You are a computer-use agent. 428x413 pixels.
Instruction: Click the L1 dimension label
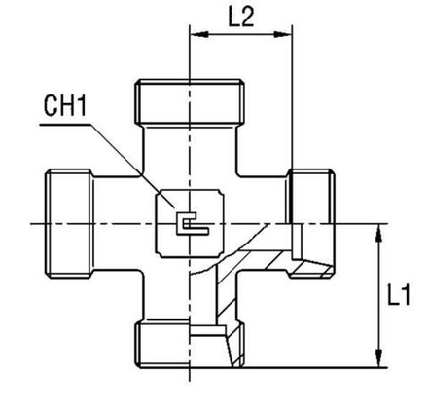point(399,295)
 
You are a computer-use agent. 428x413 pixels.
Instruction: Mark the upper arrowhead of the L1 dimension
point(375,230)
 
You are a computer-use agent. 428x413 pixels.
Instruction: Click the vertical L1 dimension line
point(375,292)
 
